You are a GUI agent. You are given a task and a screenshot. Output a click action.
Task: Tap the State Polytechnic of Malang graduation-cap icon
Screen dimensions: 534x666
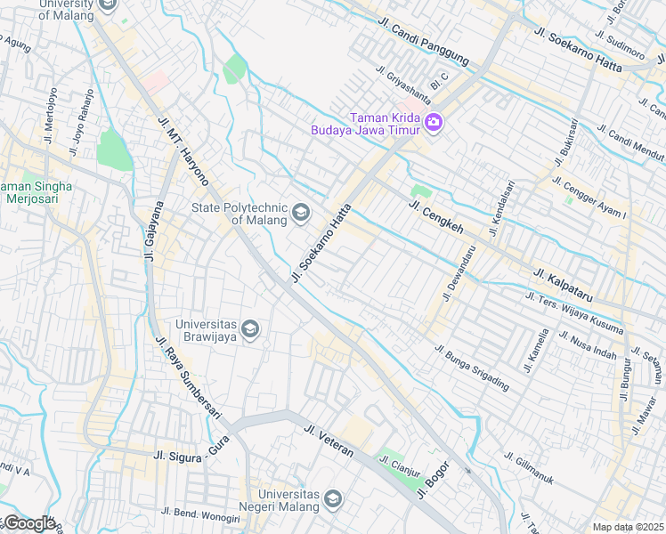click(300, 213)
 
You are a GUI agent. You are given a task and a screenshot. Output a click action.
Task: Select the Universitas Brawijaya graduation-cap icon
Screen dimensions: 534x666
click(250, 329)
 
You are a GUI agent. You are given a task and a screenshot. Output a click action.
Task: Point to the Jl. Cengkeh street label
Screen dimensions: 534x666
click(436, 217)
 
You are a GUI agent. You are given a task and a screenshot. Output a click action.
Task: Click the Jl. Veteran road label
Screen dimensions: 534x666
click(329, 441)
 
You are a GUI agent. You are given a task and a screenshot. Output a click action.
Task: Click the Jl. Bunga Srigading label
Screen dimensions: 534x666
click(472, 368)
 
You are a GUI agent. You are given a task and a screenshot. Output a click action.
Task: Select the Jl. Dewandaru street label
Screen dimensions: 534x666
click(459, 272)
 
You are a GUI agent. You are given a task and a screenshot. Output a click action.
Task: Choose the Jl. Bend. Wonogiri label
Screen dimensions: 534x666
click(200, 514)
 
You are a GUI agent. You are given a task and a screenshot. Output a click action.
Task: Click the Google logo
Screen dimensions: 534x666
click(28, 523)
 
